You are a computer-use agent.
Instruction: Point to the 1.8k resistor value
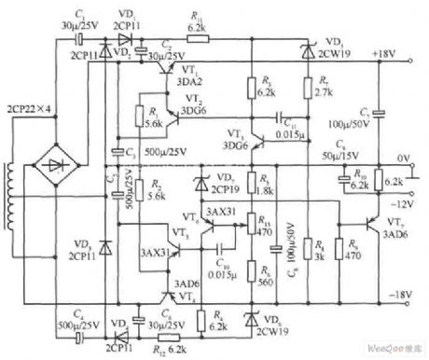tap(266, 189)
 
